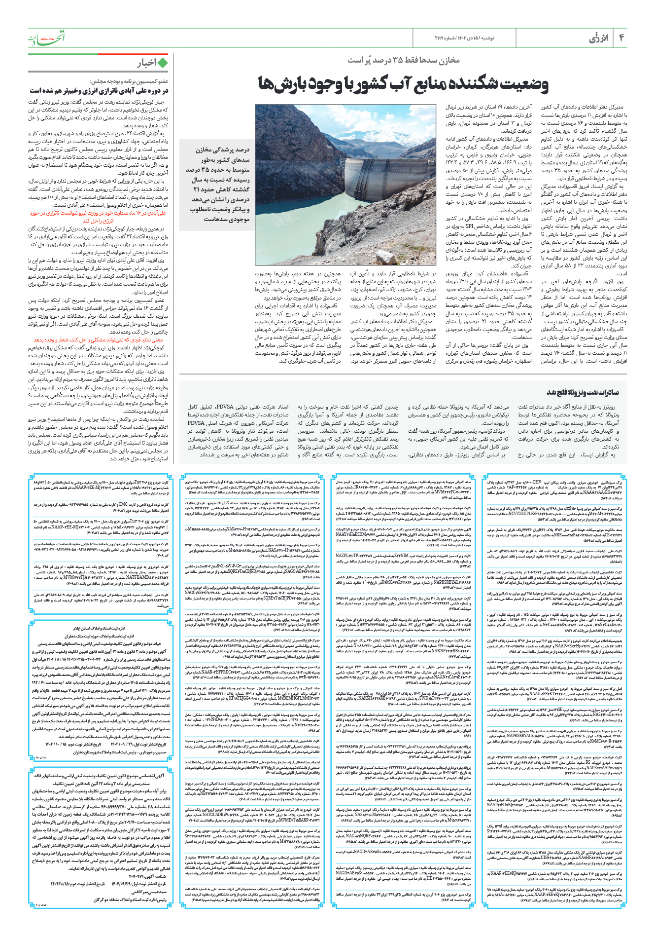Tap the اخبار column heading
click(x=146, y=63)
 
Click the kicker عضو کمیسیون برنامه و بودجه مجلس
click(x=129, y=81)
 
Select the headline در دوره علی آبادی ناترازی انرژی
click(x=99, y=91)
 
